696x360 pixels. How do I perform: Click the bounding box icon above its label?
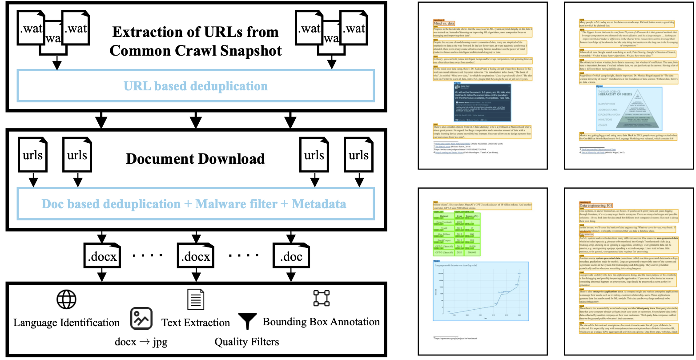click(322, 298)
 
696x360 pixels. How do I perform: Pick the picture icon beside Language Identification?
click(141, 319)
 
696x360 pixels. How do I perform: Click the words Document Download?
click(195, 159)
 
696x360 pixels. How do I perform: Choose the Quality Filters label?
click(247, 342)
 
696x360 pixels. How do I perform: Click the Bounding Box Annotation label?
click(322, 322)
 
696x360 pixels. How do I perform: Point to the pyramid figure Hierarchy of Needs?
click(628, 108)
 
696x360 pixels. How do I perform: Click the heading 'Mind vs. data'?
click(444, 23)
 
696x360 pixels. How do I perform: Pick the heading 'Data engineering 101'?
click(596, 205)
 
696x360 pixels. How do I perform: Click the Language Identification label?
click(67, 323)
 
